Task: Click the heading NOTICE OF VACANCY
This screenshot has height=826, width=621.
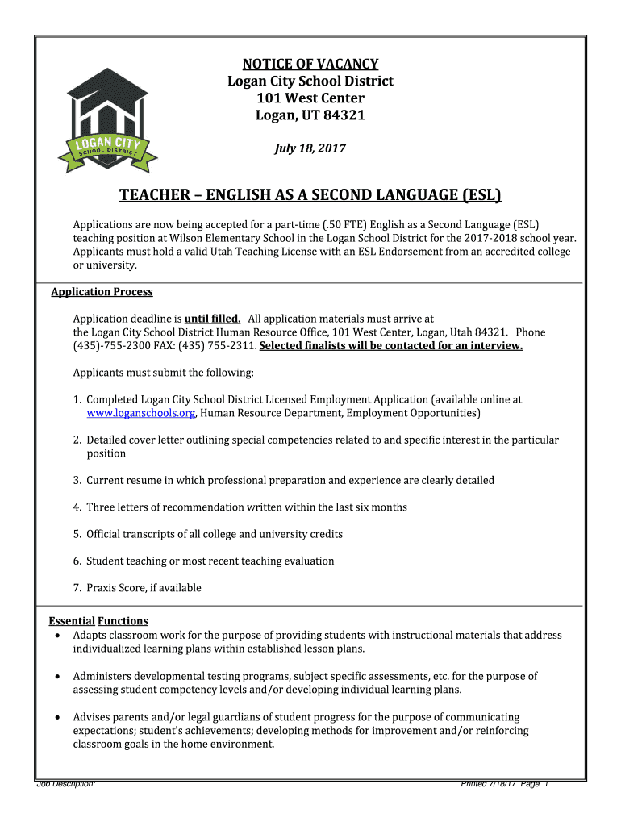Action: (310, 64)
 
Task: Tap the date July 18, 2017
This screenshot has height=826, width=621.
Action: (310, 148)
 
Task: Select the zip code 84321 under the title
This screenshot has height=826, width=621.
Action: (344, 115)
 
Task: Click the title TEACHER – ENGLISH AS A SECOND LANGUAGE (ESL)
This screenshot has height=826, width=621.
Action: (310, 195)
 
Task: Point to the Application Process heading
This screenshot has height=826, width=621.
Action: (102, 292)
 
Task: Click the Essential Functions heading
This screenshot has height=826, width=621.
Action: (98, 621)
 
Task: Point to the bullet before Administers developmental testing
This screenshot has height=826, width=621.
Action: (56, 677)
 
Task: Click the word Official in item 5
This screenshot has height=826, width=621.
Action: (105, 534)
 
